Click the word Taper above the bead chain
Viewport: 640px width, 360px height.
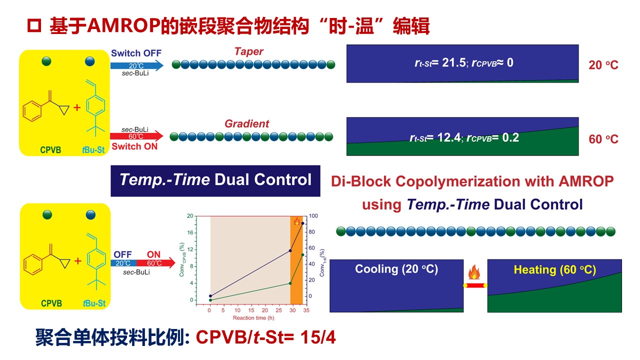coord(248,51)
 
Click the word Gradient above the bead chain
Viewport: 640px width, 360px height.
coord(246,123)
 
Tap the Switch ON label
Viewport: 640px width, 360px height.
coord(134,146)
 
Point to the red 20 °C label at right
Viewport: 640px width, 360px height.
coord(603,65)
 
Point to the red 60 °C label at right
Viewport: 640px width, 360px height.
coord(603,139)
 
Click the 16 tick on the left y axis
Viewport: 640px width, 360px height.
coord(190,232)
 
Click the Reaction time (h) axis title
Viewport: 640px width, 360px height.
coord(253,318)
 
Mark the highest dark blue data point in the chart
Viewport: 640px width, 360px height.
coord(302,223)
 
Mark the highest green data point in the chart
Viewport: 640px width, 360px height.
coord(302,255)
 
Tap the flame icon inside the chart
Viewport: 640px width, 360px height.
coord(297,221)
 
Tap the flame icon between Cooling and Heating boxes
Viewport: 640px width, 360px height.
coord(474,272)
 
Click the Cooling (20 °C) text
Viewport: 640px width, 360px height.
coord(396,269)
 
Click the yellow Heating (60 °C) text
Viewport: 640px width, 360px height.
coord(554,270)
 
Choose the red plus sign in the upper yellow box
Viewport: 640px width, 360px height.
coord(77,106)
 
